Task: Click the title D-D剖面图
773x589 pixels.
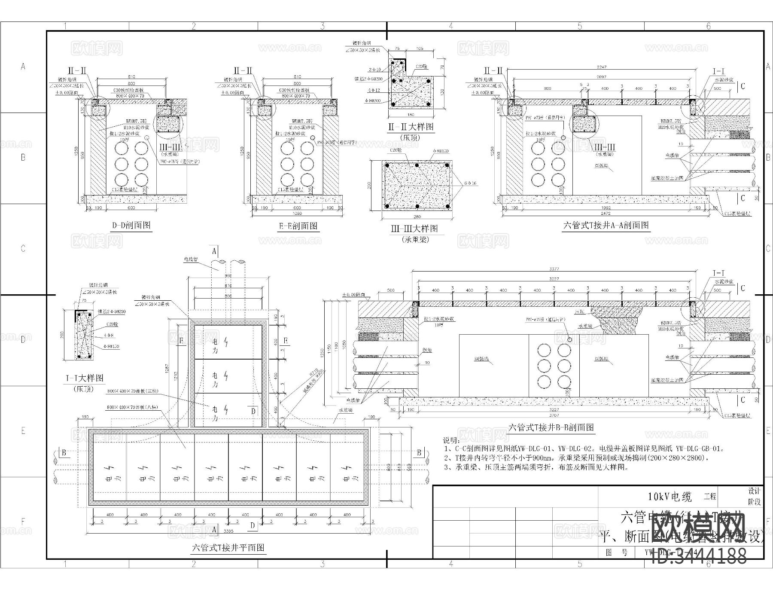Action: tap(131, 225)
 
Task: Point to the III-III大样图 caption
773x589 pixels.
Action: tap(414, 229)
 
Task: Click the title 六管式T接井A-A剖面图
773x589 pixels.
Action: tap(606, 225)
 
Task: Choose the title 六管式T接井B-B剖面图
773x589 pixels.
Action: tap(551, 427)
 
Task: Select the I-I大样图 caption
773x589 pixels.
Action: tap(85, 378)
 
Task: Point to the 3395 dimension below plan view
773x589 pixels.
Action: tap(228, 531)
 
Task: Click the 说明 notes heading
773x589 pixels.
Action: tap(451, 441)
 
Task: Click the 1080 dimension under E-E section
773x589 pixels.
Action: tap(297, 214)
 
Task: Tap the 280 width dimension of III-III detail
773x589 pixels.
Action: tap(417, 217)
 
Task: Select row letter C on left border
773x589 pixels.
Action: tap(23, 249)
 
